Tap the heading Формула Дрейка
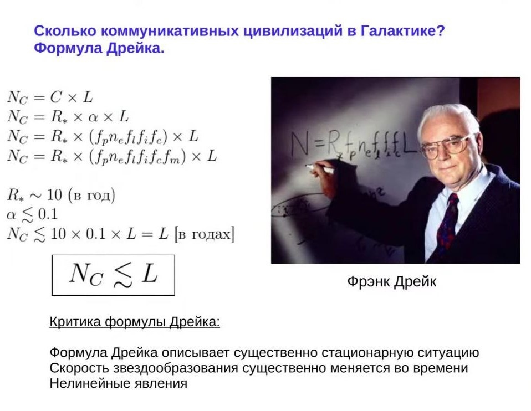[x=99, y=48]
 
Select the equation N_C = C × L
[x=50, y=98]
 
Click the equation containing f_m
[x=111, y=156]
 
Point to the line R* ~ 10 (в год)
[x=61, y=196]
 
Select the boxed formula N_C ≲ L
[x=113, y=275]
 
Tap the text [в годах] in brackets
[x=204, y=234]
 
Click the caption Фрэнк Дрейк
[x=391, y=281]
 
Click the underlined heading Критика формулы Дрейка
[x=135, y=322]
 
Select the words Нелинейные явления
[x=118, y=383]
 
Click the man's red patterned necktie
[x=447, y=222]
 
